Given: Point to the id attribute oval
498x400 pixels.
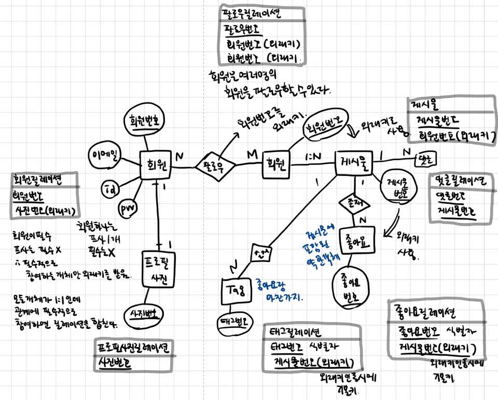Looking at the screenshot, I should pyautogui.click(x=110, y=187).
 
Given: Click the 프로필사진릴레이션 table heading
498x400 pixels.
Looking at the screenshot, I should pyautogui.click(x=135, y=347).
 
